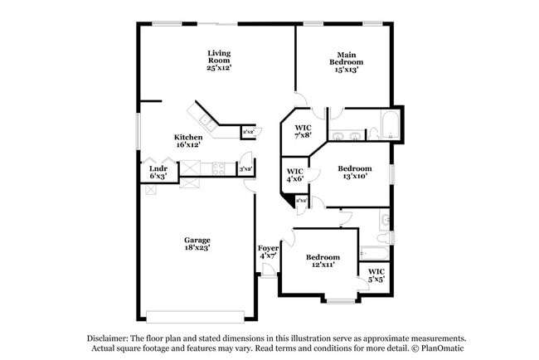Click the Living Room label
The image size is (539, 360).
[x=219, y=56]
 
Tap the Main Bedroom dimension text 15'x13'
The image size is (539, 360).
[x=346, y=71]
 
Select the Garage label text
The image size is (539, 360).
[x=197, y=241]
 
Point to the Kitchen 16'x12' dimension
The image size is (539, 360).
[x=188, y=145]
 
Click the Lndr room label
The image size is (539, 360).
[x=158, y=168]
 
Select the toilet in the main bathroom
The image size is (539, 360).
[x=372, y=134]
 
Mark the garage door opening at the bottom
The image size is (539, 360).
[x=196, y=316]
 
